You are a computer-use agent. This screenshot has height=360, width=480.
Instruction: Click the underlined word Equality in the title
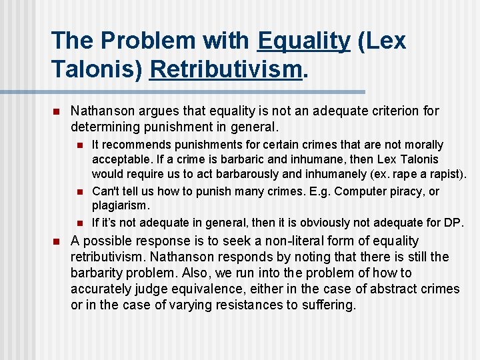tap(303, 41)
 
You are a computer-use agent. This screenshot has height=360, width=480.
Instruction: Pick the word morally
tap(419, 145)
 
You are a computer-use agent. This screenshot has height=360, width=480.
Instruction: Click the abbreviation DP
tap(454, 223)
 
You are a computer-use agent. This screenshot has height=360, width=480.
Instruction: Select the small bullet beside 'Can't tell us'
tap(79, 192)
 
